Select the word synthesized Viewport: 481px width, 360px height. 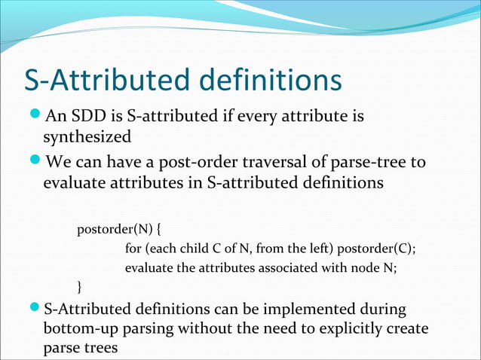[x=87, y=137]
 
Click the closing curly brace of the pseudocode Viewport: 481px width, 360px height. [x=80, y=286]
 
